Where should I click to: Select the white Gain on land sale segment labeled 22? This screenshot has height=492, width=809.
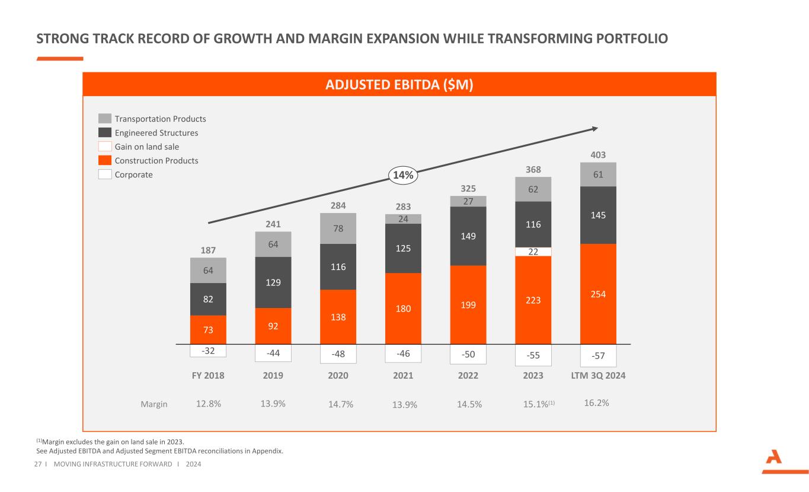[533, 252]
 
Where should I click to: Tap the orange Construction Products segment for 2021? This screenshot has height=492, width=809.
[403, 308]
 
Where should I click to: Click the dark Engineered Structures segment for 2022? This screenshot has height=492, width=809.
[468, 236]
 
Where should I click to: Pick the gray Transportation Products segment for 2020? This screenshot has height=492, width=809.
[338, 228]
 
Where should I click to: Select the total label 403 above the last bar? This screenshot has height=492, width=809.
[598, 155]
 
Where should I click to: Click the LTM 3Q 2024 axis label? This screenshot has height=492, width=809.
[598, 376]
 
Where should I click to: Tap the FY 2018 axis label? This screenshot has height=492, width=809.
[207, 376]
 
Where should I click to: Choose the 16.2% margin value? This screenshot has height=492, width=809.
[597, 402]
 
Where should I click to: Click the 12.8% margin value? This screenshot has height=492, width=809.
[208, 404]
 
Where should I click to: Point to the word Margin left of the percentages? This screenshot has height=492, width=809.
[154, 404]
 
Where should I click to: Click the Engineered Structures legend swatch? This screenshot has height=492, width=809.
[105, 133]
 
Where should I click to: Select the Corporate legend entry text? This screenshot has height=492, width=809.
[133, 174]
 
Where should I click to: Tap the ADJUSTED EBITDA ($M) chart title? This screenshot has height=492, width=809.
[399, 84]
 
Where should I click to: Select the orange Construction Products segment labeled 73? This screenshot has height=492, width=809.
[207, 330]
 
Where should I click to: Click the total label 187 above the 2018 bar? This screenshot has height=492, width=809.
[207, 250]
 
